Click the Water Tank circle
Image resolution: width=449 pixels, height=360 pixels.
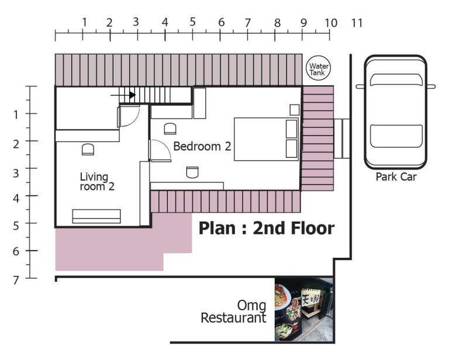[319, 68]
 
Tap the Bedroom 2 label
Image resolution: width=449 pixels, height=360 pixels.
[202, 146]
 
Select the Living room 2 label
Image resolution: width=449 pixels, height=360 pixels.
[97, 182]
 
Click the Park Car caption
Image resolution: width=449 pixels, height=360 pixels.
[396, 176]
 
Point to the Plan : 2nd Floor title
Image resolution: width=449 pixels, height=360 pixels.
[267, 228]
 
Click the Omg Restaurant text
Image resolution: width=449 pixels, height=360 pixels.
[233, 312]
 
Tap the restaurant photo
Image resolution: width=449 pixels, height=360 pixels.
[304, 309]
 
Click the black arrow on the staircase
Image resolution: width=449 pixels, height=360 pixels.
[123, 95]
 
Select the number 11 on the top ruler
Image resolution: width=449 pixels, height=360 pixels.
[357, 23]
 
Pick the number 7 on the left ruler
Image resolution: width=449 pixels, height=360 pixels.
[16, 280]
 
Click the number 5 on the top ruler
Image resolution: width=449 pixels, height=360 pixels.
[192, 22]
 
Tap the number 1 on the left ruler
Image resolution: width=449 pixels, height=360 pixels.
[16, 115]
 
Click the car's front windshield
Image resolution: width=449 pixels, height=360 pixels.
[396, 80]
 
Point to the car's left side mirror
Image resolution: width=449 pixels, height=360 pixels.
[360, 86]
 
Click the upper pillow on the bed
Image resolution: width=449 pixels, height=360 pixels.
[292, 129]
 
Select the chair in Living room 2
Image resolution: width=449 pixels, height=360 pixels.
[88, 150]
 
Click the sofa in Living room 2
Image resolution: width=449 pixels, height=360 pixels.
[96, 216]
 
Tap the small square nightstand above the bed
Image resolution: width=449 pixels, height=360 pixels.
[295, 110]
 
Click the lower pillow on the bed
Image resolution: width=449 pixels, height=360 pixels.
[292, 148]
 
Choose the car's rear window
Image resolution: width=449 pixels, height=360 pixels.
[396, 136]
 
